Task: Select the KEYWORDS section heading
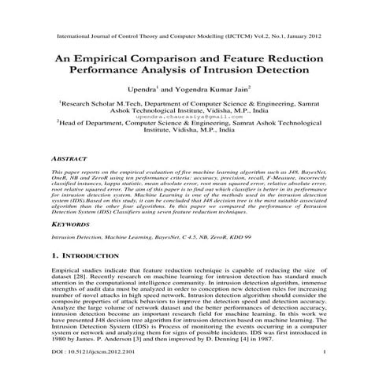[x=69, y=223]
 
